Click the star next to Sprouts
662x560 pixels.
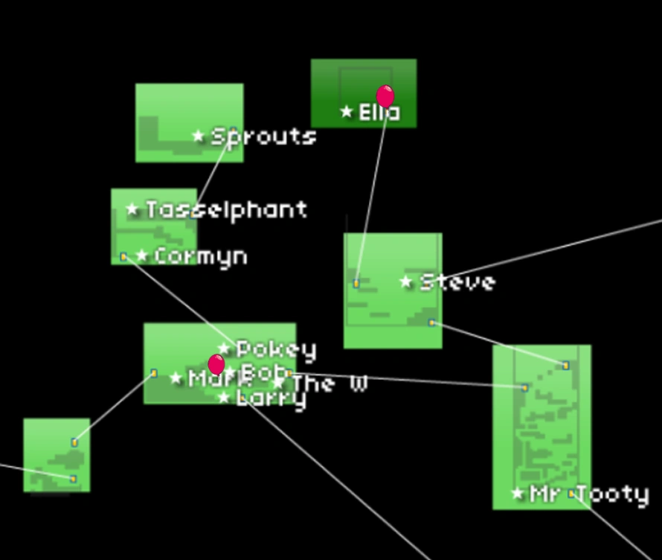coord(198,136)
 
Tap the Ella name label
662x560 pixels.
coord(379,112)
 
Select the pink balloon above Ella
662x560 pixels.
coord(385,96)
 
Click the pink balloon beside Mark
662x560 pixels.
coord(216,364)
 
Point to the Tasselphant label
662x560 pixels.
coord(226,210)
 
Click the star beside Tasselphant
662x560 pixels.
coord(133,210)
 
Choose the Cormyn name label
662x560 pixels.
coord(201,256)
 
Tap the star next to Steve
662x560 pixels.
coord(406,282)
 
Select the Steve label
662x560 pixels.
coord(457,282)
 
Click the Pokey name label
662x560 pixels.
coord(276,349)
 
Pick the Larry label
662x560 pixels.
coord(271,398)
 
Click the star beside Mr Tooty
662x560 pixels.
coord(518,493)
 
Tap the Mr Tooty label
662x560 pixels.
coord(589,494)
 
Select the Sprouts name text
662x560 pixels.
coord(263,136)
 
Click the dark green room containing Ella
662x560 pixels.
coord(364,80)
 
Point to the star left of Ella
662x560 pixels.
coord(347,112)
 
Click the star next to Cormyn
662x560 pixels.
coord(142,256)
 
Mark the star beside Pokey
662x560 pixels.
coord(225,349)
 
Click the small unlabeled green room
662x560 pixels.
coord(57,455)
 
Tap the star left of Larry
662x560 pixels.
coord(224,398)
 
